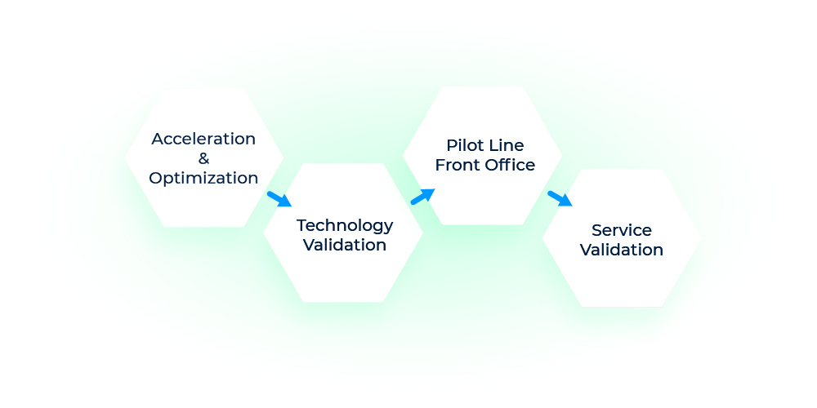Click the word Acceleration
203,139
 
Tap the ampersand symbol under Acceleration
203,158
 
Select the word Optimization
203,178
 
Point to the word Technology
344,225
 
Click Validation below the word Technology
344,245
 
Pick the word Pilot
462,145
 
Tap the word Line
507,145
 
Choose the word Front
455,165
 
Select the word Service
621,230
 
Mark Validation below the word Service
621,250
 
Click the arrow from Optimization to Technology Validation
279,199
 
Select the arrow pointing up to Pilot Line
422,197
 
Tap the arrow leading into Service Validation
560,198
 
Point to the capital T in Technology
301,224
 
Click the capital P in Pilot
451,145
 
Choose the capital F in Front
440,165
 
